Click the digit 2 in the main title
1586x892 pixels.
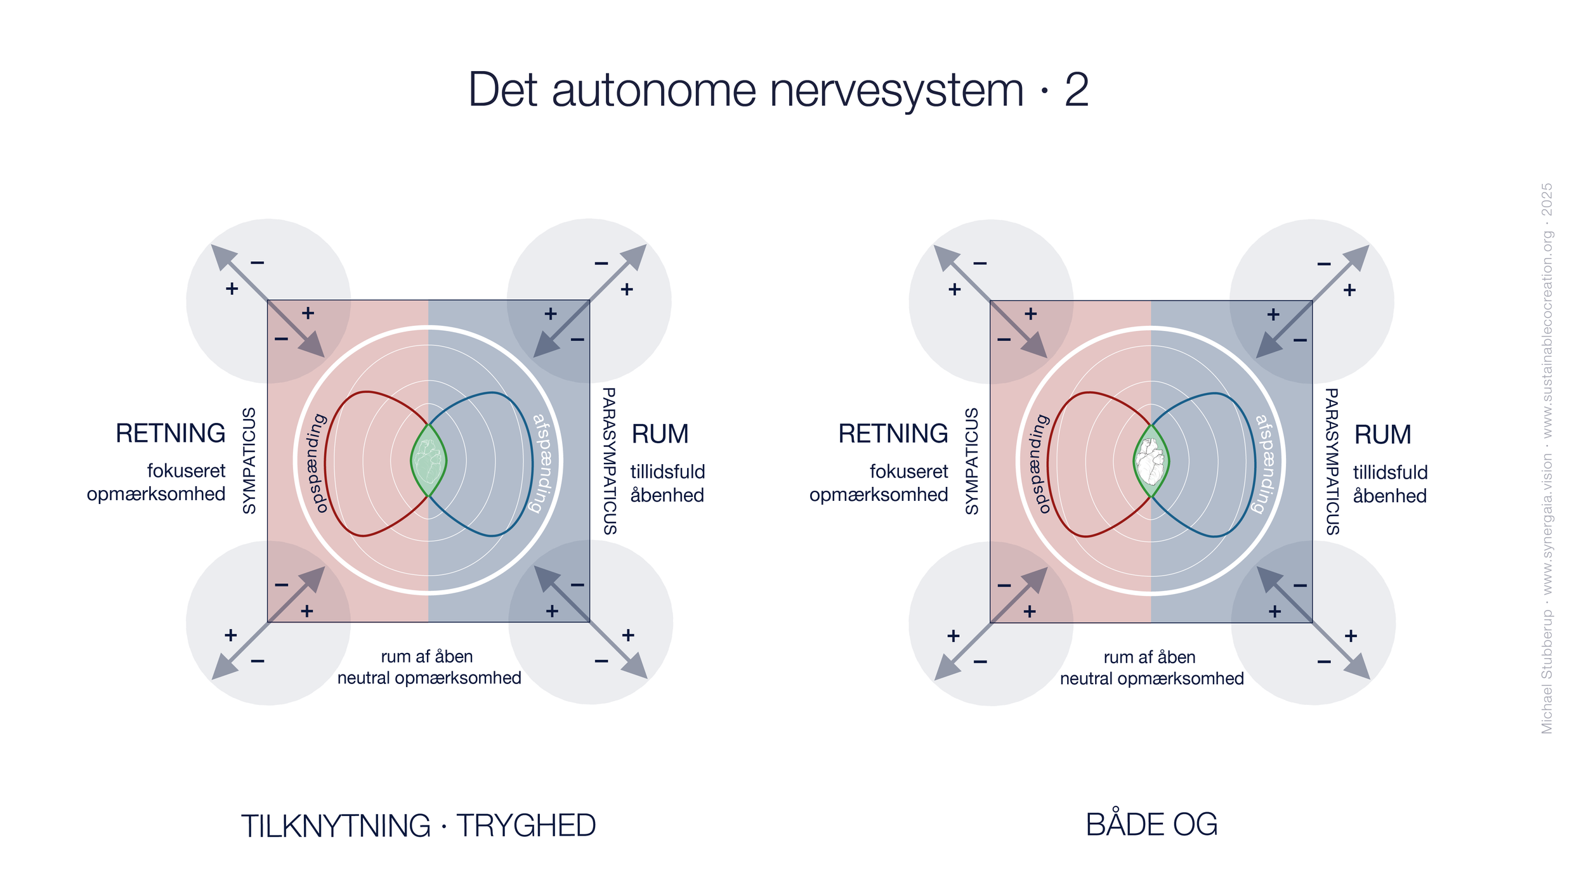[1077, 90]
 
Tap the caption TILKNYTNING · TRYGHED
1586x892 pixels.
[418, 825]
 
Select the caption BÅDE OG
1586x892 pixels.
[1151, 824]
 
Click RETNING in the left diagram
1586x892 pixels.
[170, 434]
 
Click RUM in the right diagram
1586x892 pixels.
[1382, 435]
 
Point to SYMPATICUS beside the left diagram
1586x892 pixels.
[250, 460]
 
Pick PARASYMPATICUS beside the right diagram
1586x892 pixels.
[1332, 462]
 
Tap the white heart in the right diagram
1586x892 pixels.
[1150, 461]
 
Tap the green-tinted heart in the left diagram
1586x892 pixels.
[428, 461]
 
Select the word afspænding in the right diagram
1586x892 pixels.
[1267, 463]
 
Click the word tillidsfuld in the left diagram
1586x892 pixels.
[667, 472]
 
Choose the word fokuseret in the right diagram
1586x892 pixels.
[908, 472]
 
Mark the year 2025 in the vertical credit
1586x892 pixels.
[1547, 199]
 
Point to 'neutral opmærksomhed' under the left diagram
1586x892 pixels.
[429, 678]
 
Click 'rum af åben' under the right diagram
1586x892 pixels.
[1150, 657]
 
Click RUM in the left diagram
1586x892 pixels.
[660, 434]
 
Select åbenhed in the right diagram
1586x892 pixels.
[1389, 496]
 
